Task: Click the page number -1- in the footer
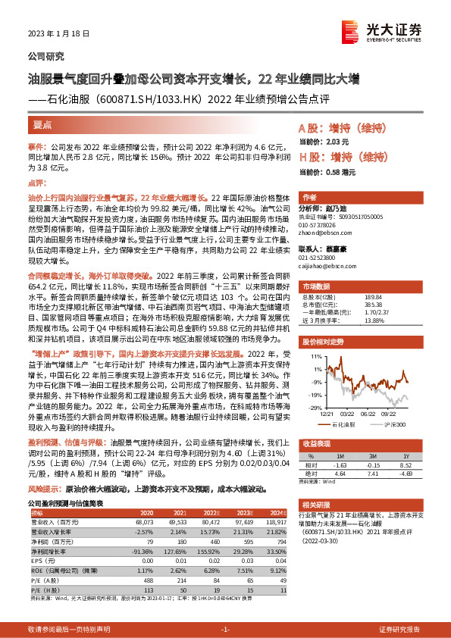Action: [224, 630]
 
